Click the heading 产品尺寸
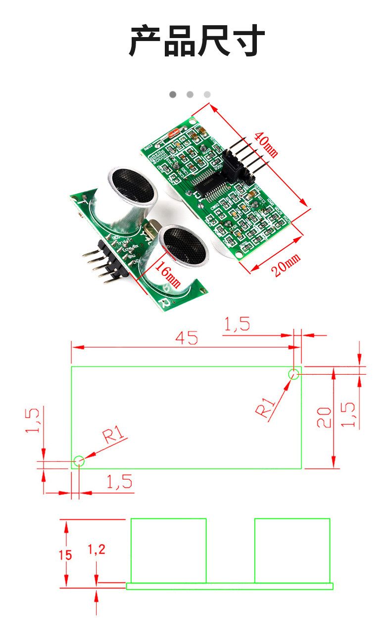196,42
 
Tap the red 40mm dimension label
266,143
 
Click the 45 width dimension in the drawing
186,338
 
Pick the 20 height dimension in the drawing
324,418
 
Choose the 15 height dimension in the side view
65,555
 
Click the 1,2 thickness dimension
97,549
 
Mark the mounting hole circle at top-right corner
294,374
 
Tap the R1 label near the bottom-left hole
115,437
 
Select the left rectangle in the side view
168,550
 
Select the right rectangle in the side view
292,550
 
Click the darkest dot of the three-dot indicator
173,94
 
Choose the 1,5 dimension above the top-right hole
237,325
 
